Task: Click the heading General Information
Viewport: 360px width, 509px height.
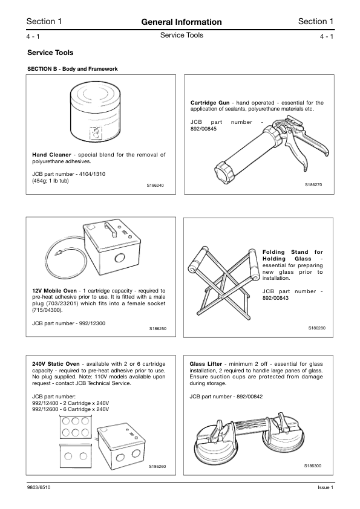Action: click(181, 22)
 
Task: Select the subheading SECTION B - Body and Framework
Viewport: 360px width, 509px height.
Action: click(73, 69)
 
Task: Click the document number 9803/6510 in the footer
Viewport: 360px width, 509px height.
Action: click(39, 488)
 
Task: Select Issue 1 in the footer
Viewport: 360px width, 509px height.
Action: click(325, 488)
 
